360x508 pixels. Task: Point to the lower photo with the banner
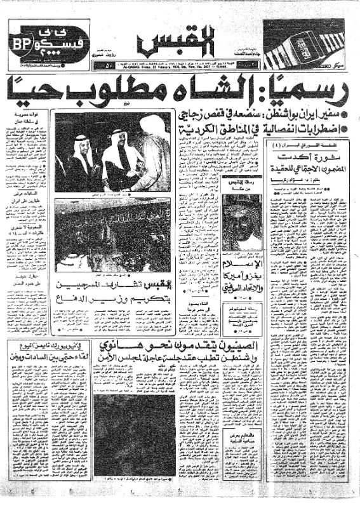point(112,236)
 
